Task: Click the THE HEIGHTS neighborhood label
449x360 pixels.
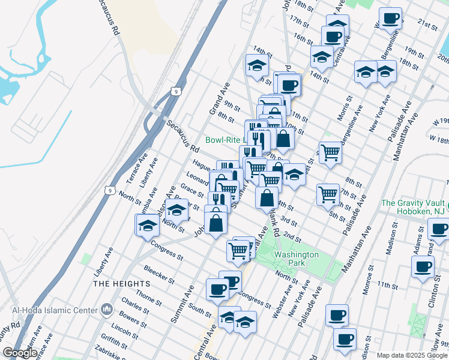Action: pyautogui.click(x=121, y=283)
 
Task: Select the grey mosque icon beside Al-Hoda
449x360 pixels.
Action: pyautogui.click(x=107, y=310)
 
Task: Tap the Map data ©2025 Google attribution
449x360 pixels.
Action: pyautogui.click(x=412, y=355)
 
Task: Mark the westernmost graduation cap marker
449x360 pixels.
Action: pyautogui.click(x=148, y=226)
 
